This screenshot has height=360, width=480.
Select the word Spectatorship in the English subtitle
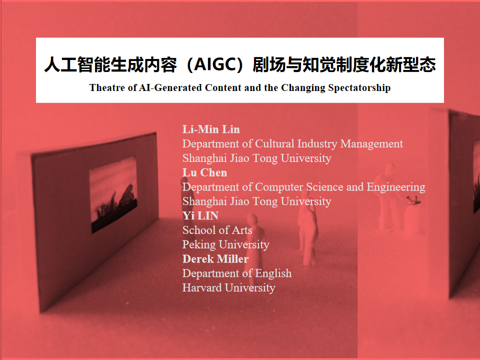[358, 88]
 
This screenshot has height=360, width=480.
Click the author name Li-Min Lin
[211, 129]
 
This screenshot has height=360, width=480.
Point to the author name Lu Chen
[204, 172]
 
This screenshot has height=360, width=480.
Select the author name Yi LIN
[200, 216]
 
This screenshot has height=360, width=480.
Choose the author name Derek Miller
[215, 259]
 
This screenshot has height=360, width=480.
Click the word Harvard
[202, 288]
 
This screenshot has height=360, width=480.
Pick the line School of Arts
[217, 230]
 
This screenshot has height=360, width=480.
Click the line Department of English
[236, 273]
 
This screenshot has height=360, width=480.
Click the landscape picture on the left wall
[113, 194]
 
